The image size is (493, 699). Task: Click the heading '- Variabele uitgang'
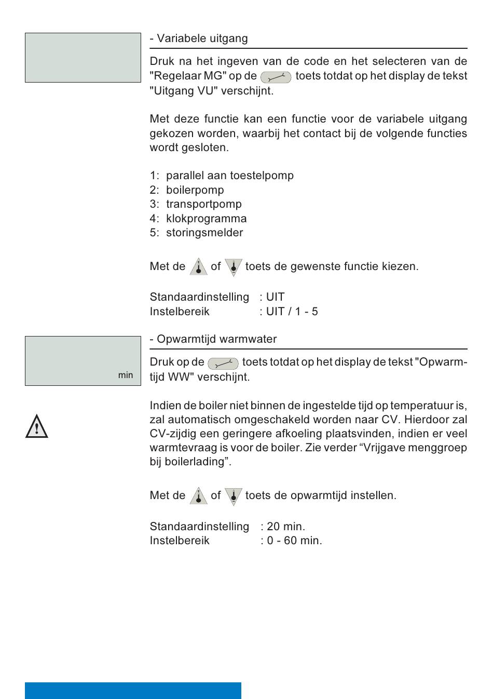[x=199, y=38]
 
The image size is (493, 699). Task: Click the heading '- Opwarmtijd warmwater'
[x=213, y=339]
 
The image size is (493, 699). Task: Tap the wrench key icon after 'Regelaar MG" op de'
[x=276, y=77]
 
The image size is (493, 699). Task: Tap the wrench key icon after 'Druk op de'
[x=223, y=363]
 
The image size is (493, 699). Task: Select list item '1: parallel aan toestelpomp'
[x=222, y=176]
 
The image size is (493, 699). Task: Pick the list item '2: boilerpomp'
[x=187, y=190]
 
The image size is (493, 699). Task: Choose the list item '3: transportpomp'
[x=196, y=204]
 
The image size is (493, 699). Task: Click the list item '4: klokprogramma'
[x=198, y=219]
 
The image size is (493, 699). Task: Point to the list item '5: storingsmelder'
[x=196, y=233]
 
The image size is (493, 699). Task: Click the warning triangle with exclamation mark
[x=36, y=427]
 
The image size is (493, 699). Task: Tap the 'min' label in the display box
[x=126, y=375]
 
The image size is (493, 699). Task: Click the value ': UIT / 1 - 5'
[x=289, y=312]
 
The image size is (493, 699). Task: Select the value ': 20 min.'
[x=283, y=527]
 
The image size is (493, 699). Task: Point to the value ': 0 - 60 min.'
[x=291, y=541]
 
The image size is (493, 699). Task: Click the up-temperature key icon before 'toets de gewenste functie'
[x=198, y=266]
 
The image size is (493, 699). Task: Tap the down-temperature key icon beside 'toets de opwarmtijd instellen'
[x=234, y=496]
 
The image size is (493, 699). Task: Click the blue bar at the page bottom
[x=133, y=690]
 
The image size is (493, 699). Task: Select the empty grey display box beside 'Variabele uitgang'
[x=83, y=58]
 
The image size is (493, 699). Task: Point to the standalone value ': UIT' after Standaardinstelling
[x=272, y=297]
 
